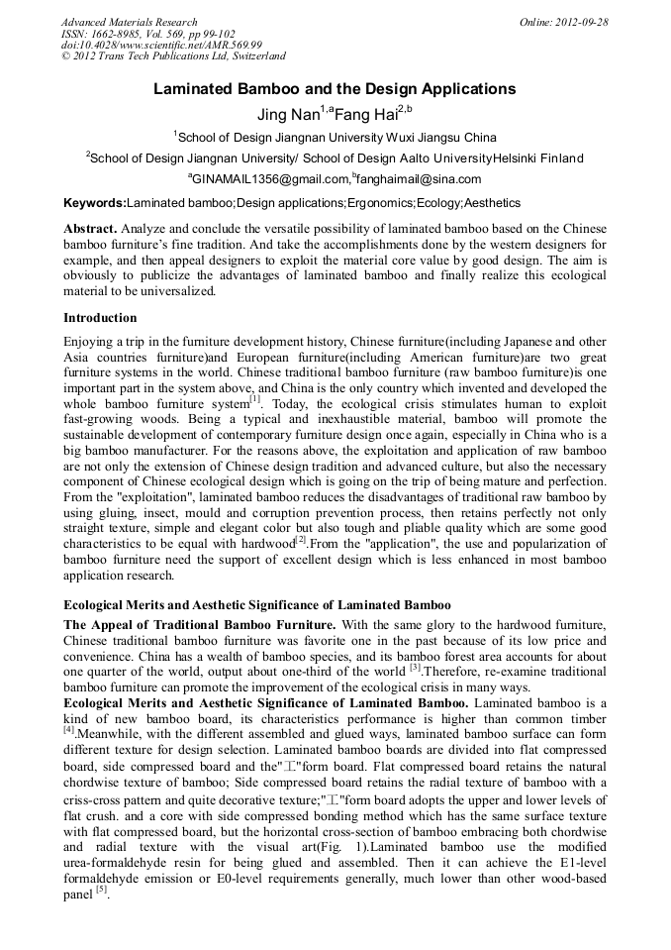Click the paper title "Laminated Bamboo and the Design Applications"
pos(335,89)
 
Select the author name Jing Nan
pos(288,114)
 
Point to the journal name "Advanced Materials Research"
pos(129,22)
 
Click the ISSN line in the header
pos(148,34)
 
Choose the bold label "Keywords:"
pos(95,203)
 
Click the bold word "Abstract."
pos(91,229)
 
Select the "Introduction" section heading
pos(100,318)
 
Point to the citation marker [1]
pos(254,398)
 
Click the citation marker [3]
pos(416,669)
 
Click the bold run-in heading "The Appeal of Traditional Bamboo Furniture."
pos(200,624)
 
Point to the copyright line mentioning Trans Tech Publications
pos(173,56)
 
